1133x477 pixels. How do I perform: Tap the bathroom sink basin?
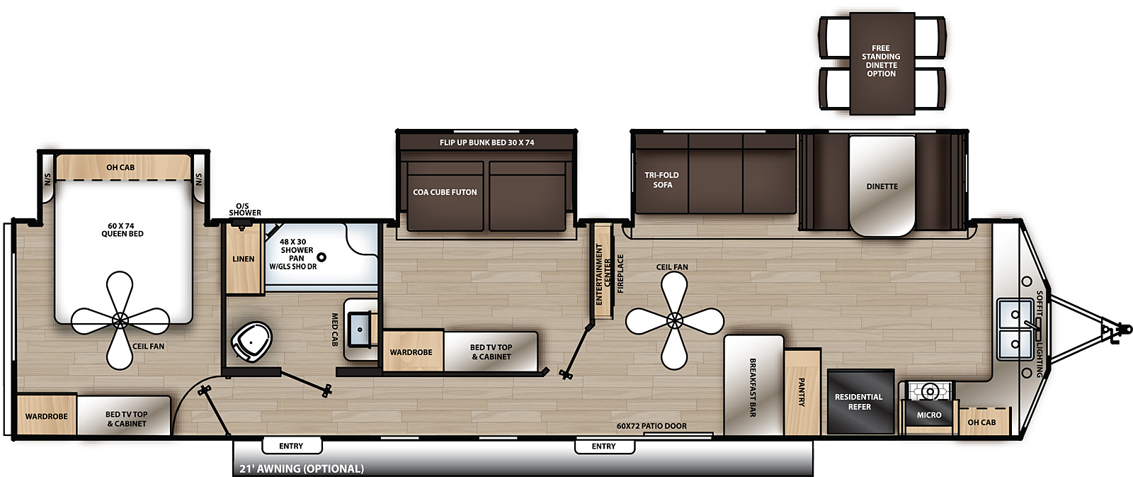tap(360, 330)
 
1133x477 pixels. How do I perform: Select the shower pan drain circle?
tap(321, 257)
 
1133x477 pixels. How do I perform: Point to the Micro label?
tap(929, 415)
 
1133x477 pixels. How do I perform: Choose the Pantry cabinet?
tap(802, 392)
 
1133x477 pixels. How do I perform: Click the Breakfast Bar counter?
tap(753, 386)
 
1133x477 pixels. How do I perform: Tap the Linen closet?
tap(244, 259)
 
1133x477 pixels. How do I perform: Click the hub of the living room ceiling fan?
tap(675, 320)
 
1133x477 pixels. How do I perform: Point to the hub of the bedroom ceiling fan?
tap(120, 320)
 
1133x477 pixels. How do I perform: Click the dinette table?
tap(882, 186)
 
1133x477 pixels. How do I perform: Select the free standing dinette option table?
tap(882, 64)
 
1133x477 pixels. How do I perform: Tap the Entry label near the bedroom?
tap(291, 446)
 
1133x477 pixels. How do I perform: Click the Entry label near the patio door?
tap(604, 446)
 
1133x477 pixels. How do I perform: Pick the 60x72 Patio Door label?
tap(651, 426)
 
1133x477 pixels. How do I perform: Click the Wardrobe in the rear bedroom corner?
tap(47, 416)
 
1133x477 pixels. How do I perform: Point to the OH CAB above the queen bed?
tap(120, 167)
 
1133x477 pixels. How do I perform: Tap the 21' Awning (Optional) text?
tap(302, 468)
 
